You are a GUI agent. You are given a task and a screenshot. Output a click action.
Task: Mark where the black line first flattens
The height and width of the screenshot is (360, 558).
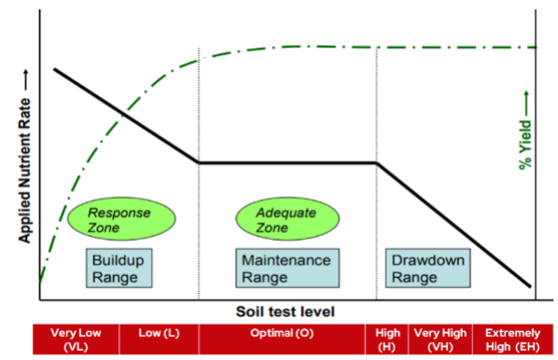(x=199, y=162)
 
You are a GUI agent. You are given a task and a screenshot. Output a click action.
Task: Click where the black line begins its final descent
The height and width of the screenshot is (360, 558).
(x=377, y=162)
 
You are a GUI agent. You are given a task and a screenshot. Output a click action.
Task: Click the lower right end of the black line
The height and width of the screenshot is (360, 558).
(x=530, y=286)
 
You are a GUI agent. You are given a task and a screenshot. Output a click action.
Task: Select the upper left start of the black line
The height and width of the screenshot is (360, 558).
(x=55, y=69)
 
